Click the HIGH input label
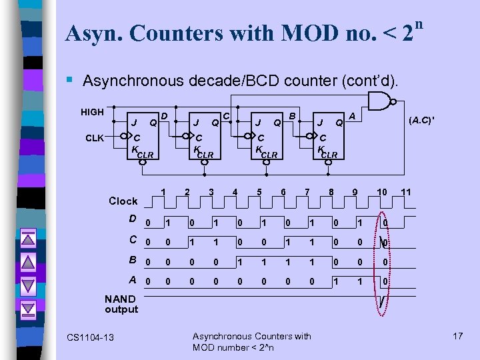pos(92,112)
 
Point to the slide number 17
pos(457,336)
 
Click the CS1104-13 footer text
pos(90,338)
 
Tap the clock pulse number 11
pos(407,192)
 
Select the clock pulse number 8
pos(331,193)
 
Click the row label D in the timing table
pos(133,219)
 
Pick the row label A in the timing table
pos(133,280)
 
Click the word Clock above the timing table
pos(123,201)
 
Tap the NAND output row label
pos(121,304)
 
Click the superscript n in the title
pos(418,25)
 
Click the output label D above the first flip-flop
pos(165,117)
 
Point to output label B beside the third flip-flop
pos(292,117)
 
